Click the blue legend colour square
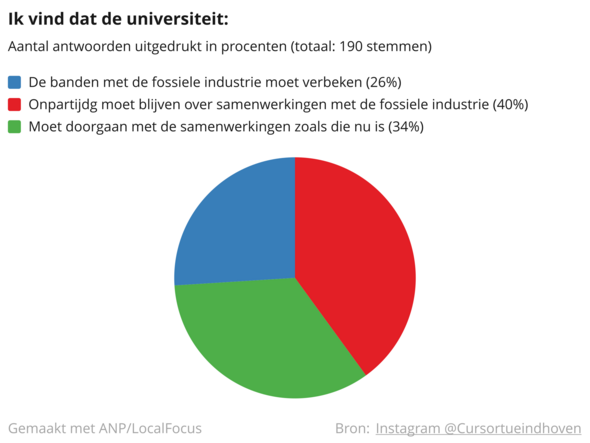14,82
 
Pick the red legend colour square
14,104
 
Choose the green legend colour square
14,126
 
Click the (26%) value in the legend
384,82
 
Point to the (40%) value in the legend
511,104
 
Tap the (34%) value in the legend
406,126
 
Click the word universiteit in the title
177,19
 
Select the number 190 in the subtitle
351,46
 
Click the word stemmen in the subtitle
399,46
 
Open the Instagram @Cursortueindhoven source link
478,428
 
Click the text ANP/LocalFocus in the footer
150,428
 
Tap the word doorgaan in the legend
88,127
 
